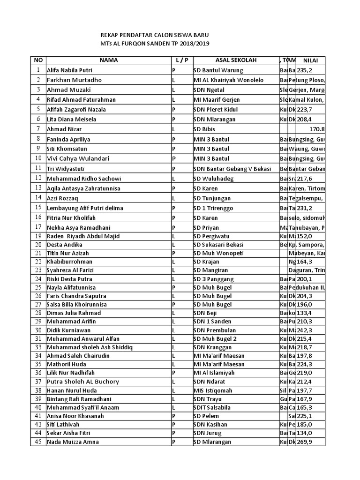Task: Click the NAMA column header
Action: click(108, 60)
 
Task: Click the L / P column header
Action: click(181, 60)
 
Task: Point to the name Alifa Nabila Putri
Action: click(69, 70)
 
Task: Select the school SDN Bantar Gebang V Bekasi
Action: click(232, 169)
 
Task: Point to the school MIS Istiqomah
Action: click(212, 390)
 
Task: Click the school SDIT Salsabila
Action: click(213, 407)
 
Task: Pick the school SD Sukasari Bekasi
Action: click(219, 245)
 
